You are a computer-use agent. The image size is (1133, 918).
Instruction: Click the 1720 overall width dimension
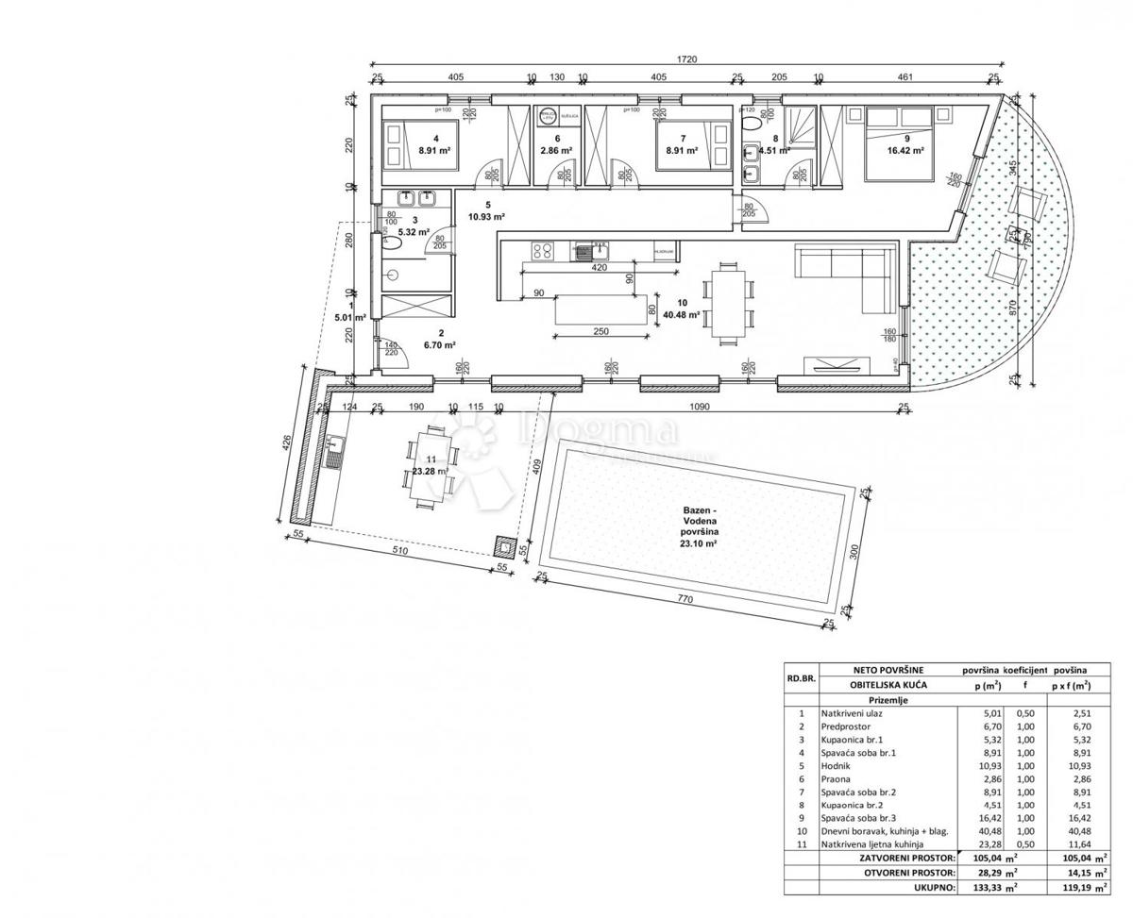pyautogui.click(x=686, y=59)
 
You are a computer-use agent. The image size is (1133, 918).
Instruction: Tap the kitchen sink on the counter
pyautogui.click(x=596, y=250)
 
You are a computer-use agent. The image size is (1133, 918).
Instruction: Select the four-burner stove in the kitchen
pyautogui.click(x=544, y=250)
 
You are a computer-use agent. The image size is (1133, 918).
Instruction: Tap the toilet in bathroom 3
pyautogui.click(x=393, y=242)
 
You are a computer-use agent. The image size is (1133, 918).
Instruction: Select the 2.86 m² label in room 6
pyautogui.click(x=556, y=150)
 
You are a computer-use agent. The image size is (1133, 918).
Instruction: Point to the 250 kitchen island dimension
pyautogui.click(x=600, y=331)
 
